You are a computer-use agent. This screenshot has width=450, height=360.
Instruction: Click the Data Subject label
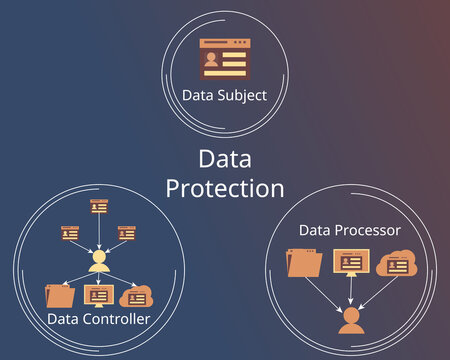point(224,96)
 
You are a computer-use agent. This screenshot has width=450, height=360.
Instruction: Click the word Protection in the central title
point(225,187)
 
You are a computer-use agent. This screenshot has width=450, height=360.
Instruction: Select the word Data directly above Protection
point(225,159)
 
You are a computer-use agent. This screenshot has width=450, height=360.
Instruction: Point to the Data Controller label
point(98,319)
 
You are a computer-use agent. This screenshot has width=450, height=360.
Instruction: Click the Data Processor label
point(349,230)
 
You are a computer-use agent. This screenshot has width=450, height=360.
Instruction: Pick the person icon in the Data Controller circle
point(98,262)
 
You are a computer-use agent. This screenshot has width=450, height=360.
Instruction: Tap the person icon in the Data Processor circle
point(349,319)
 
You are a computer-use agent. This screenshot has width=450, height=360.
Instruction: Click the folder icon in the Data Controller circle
point(60,296)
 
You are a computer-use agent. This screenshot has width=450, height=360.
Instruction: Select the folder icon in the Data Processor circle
point(303,263)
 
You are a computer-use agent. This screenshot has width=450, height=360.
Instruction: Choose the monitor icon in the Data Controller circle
point(98,296)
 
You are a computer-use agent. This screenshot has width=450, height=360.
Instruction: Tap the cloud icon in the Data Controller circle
point(134,296)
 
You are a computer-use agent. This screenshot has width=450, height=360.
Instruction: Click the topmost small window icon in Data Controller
point(98,206)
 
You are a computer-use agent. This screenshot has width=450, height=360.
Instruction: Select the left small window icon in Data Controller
point(70,232)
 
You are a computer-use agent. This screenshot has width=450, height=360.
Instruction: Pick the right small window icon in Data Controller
point(126,232)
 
